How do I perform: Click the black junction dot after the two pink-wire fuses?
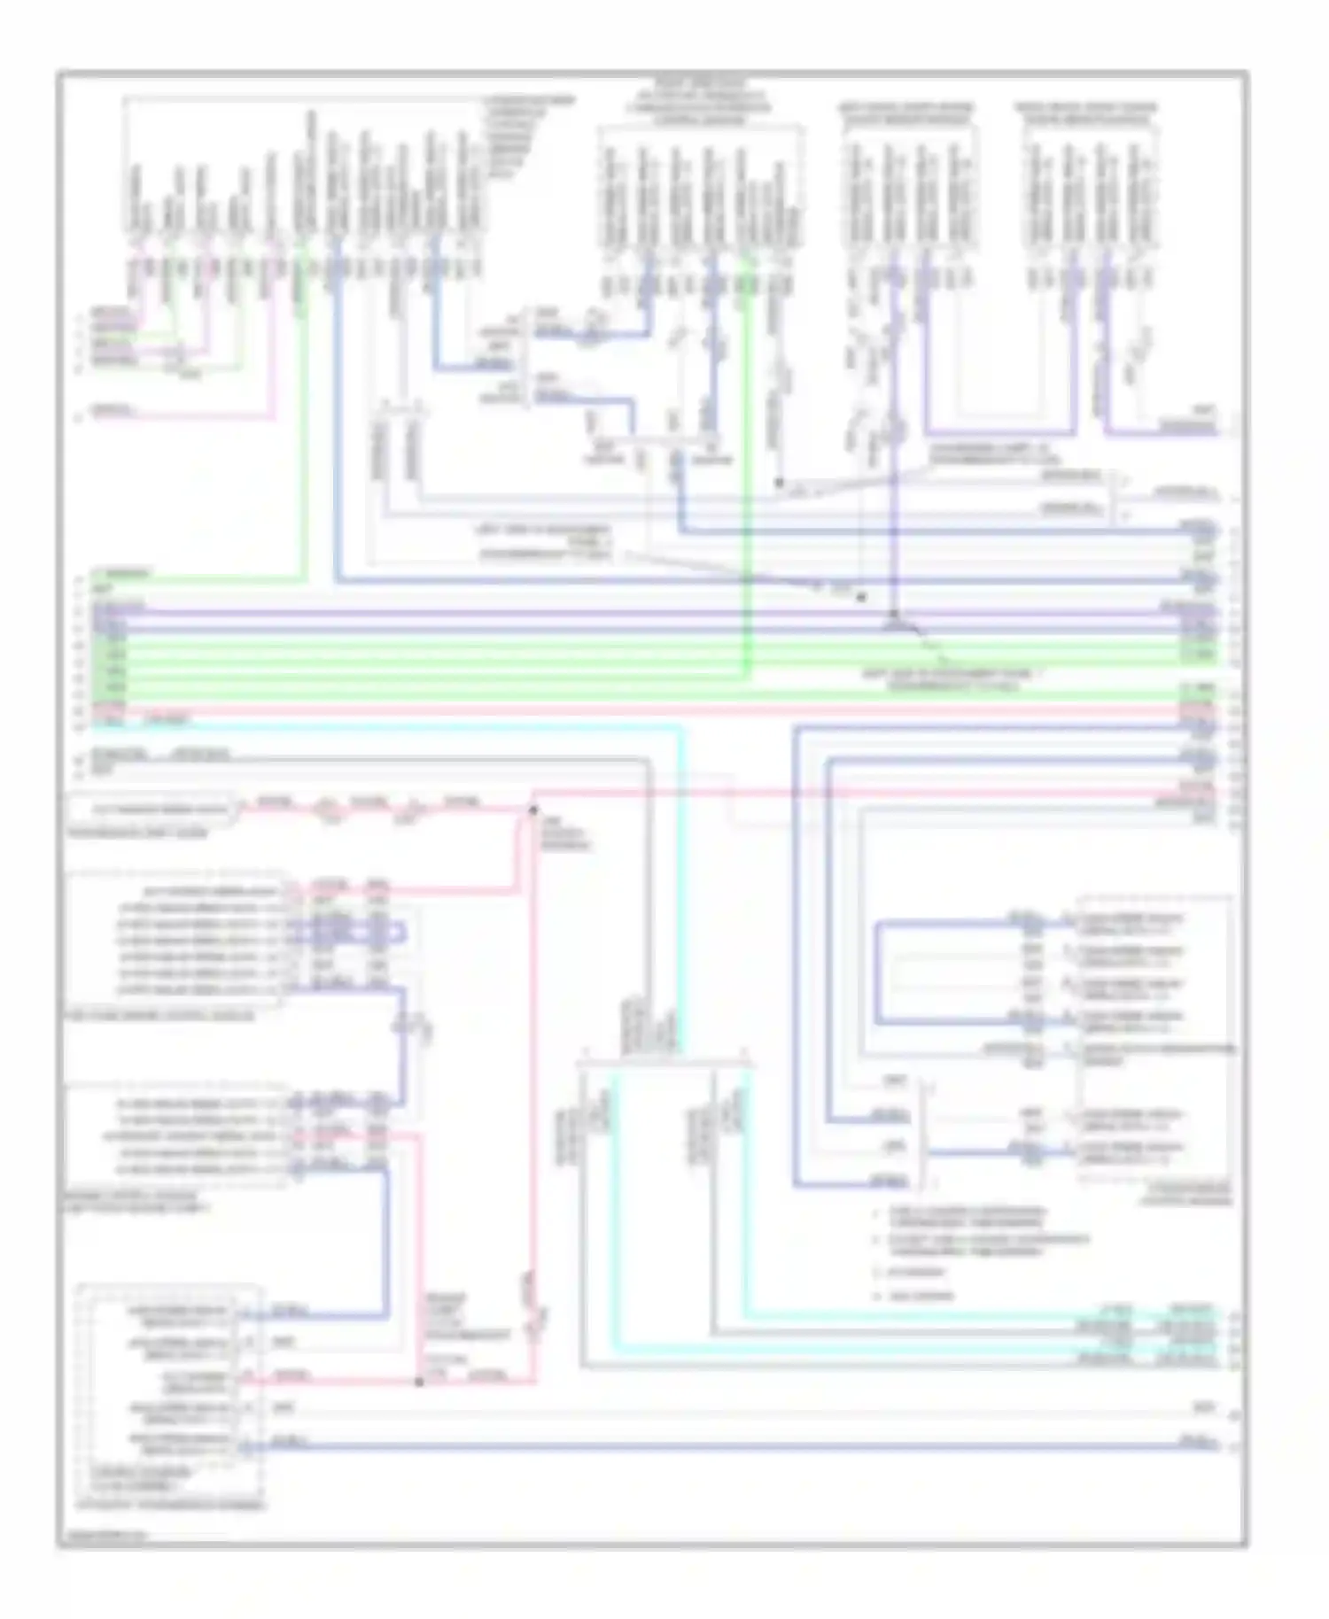[532, 809]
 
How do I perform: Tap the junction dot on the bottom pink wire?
[419, 1381]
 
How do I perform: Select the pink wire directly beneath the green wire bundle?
[620, 711]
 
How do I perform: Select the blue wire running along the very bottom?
[709, 1446]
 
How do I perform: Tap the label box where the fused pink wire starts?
[152, 809]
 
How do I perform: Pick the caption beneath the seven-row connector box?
[159, 1016]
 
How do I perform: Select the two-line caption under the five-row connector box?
[137, 1202]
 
